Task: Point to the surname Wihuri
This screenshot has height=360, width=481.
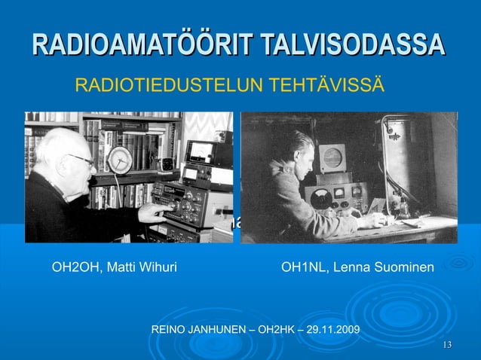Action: [155, 267]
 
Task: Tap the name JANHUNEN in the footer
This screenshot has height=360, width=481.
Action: [216, 330]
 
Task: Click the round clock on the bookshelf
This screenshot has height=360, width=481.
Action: [118, 160]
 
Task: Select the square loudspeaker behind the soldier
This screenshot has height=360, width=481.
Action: [332, 159]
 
